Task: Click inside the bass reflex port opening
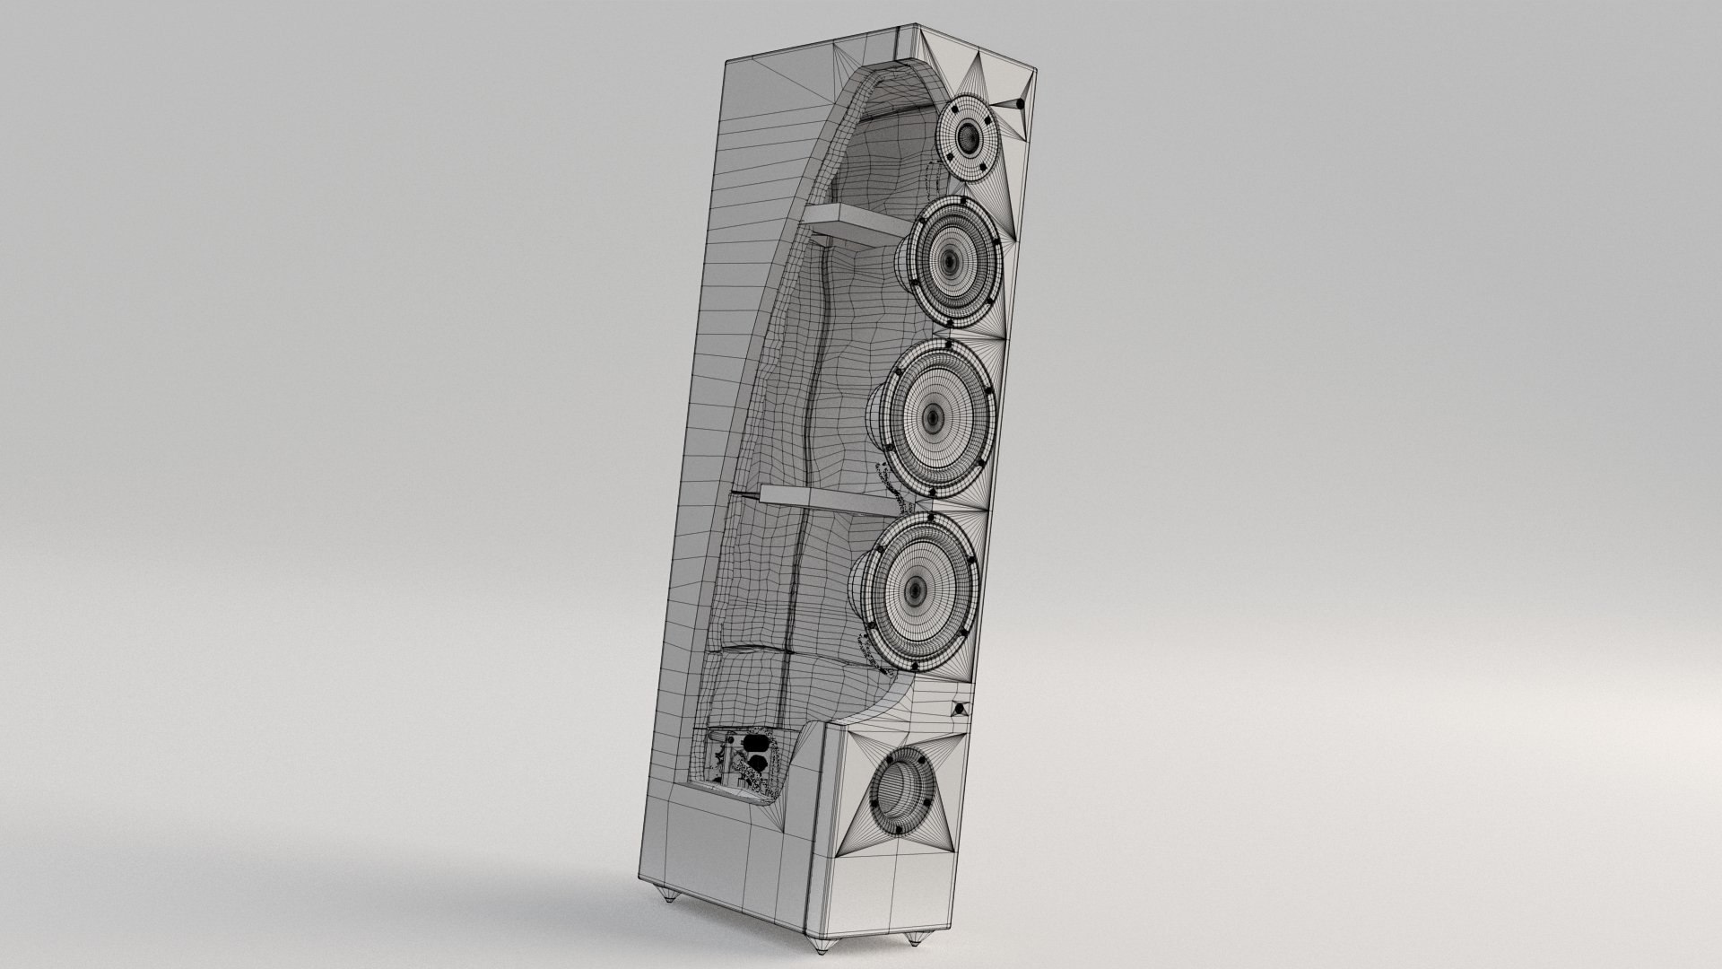click(900, 790)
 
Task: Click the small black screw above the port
click(961, 708)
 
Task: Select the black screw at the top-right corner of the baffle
click(1020, 104)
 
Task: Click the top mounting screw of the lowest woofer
click(932, 519)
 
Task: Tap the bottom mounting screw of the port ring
click(898, 830)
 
